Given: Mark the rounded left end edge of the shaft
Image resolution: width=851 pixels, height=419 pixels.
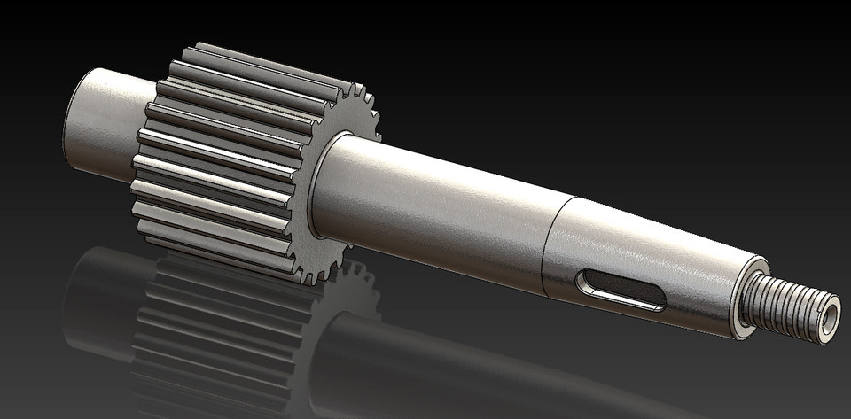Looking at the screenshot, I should [69, 111].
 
